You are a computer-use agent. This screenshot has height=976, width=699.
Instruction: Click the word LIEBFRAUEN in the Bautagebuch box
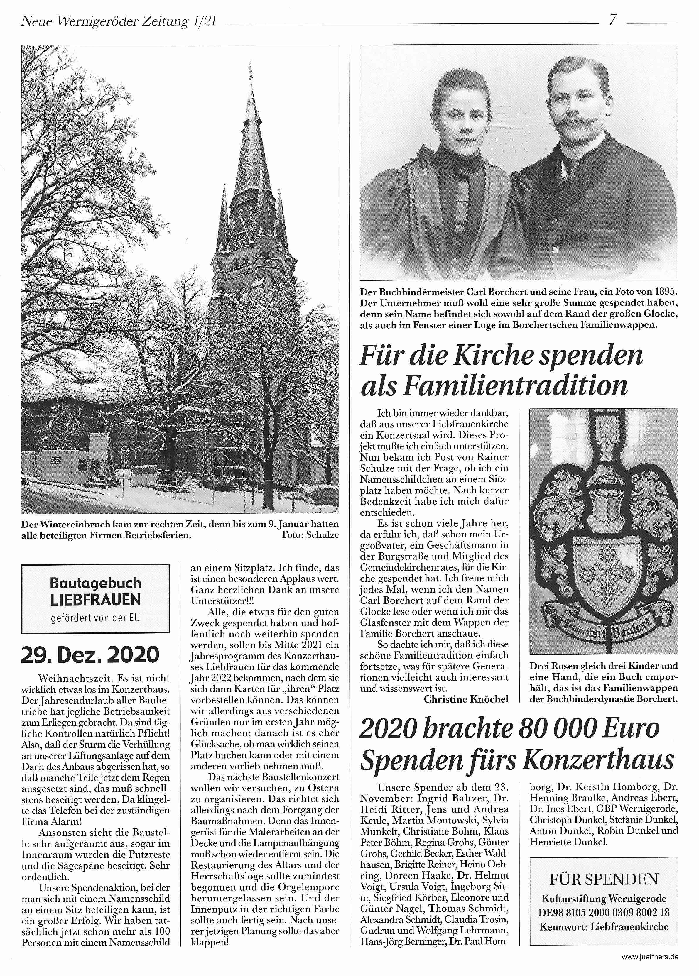click(x=95, y=599)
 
